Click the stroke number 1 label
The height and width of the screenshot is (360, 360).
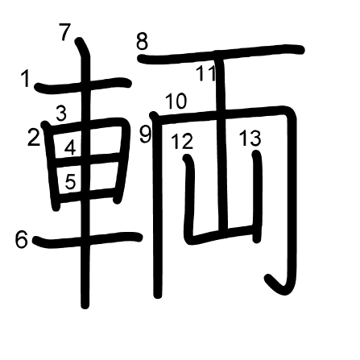pyautogui.click(x=26, y=78)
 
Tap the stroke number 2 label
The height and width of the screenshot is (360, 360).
pyautogui.click(x=34, y=137)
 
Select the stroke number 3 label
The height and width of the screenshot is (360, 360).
pyautogui.click(x=61, y=113)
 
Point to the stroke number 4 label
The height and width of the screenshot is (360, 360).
pyautogui.click(x=70, y=147)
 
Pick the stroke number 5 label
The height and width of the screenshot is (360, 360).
pyautogui.click(x=70, y=181)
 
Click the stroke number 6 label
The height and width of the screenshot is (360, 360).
pyautogui.click(x=22, y=240)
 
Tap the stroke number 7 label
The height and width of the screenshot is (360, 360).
pyautogui.click(x=65, y=32)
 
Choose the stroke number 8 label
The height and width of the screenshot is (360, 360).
pyautogui.click(x=142, y=42)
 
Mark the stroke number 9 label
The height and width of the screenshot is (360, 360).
pyautogui.click(x=146, y=134)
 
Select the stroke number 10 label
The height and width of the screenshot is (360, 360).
pyautogui.click(x=176, y=101)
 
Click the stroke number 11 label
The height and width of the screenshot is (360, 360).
pyautogui.click(x=206, y=73)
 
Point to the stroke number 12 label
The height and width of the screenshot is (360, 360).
pyautogui.click(x=182, y=141)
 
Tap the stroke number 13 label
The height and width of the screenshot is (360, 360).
pyautogui.click(x=250, y=139)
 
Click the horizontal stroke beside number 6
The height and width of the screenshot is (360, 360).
pyautogui.click(x=87, y=239)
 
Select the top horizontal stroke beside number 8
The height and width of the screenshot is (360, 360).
pyautogui.click(x=221, y=54)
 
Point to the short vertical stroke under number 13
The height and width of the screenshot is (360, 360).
pyautogui.click(x=257, y=197)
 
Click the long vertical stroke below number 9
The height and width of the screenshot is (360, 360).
pyautogui.click(x=156, y=205)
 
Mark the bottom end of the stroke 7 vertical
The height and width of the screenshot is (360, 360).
pyautogui.click(x=85, y=305)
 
